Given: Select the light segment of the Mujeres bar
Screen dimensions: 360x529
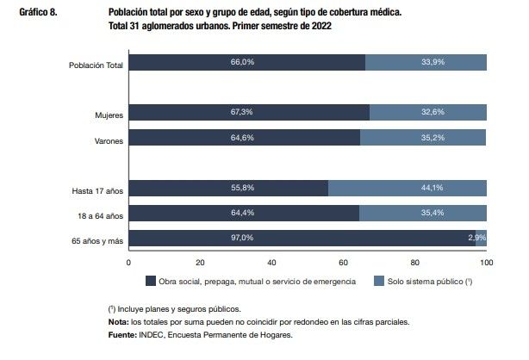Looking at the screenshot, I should (427, 113).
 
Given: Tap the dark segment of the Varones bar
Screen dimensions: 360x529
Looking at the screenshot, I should (244, 138).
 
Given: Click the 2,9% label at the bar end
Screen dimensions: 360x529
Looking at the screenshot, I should (477, 238).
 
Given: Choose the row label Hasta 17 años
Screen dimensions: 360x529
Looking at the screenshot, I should (97, 189).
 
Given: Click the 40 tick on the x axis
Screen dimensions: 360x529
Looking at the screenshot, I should (271, 262).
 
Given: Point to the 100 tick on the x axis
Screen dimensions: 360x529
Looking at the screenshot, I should (487, 262).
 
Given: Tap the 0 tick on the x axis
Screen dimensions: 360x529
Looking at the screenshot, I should (128, 262).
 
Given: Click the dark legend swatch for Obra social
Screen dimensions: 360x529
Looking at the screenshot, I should (149, 282).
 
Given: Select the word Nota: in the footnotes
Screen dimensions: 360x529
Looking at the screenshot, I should (119, 322).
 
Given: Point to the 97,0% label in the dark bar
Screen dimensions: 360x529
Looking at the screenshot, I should (302, 238).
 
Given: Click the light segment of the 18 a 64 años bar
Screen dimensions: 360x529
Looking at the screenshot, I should (422, 213).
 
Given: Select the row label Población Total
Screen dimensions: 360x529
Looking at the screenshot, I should (96, 63).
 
